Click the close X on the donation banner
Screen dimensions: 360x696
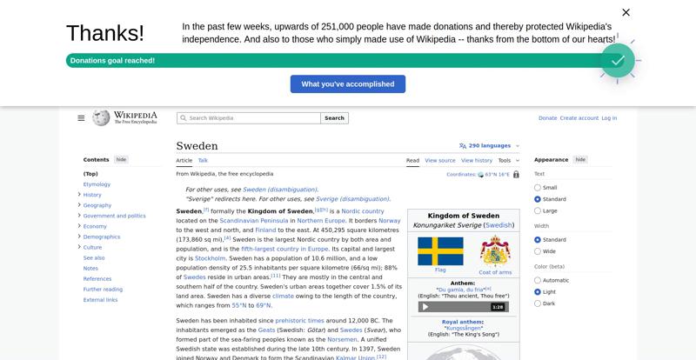[626, 12]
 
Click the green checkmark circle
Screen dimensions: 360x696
[618, 61]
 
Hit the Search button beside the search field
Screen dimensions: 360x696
[335, 118]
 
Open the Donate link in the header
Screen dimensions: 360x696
[547, 118]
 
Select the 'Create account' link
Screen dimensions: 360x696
[579, 118]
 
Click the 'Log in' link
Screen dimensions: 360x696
[609, 118]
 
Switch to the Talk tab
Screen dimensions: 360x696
[203, 161]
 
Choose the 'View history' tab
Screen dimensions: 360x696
[477, 161]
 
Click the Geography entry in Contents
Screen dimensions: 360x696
[97, 205]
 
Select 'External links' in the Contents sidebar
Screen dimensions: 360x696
[100, 300]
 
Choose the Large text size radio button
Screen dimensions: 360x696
[538, 211]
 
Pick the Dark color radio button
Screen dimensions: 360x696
[538, 303]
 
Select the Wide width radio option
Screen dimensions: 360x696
[538, 251]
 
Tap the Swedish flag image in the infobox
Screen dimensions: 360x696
[440, 251]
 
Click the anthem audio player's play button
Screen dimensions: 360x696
[425, 307]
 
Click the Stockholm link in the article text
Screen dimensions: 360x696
[211, 258]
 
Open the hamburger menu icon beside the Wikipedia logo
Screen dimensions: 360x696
[81, 118]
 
